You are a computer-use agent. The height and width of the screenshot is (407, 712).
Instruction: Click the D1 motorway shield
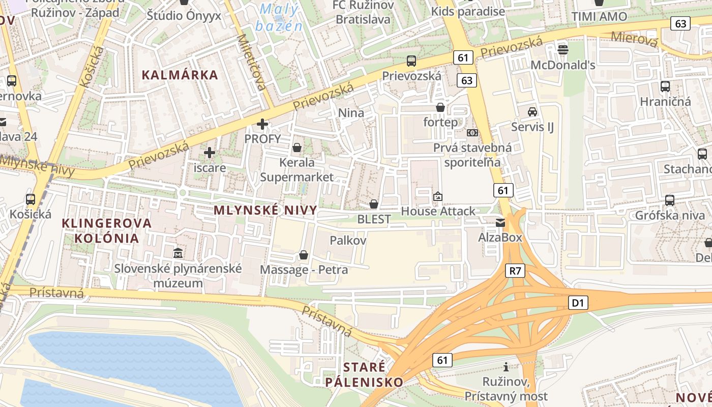pyautogui.click(x=578, y=303)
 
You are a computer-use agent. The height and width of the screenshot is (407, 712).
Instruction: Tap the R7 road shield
pyautogui.click(x=516, y=271)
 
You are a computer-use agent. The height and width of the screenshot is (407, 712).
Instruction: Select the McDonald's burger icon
pyautogui.click(x=563, y=49)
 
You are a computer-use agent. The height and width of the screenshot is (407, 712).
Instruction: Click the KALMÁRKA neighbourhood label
pyautogui.click(x=180, y=75)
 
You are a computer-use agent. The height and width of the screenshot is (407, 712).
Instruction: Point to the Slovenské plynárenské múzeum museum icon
pyautogui.click(x=178, y=253)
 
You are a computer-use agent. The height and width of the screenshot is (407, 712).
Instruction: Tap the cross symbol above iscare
pyautogui.click(x=210, y=152)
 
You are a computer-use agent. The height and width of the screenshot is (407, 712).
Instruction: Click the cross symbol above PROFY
pyautogui.click(x=262, y=124)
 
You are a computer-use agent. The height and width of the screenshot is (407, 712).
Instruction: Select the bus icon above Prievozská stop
pyautogui.click(x=411, y=61)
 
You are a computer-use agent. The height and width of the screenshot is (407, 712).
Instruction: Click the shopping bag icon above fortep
pyautogui.click(x=440, y=108)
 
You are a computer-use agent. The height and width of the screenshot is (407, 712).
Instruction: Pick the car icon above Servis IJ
pyautogui.click(x=532, y=112)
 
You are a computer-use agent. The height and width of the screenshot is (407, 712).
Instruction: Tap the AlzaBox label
pyautogui.click(x=500, y=237)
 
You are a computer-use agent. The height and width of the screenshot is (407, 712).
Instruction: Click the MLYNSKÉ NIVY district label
pyautogui.click(x=265, y=210)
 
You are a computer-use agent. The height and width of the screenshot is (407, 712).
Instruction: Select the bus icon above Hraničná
pyautogui.click(x=665, y=86)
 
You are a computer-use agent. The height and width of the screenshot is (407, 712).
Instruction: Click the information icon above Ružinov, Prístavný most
pyautogui.click(x=506, y=367)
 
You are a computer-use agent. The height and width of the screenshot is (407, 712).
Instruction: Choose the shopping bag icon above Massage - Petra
pyautogui.click(x=304, y=255)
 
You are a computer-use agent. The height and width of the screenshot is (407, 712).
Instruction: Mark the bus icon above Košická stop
pyautogui.click(x=31, y=199)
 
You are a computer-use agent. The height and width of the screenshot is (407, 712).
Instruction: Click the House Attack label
pyautogui.click(x=438, y=211)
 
